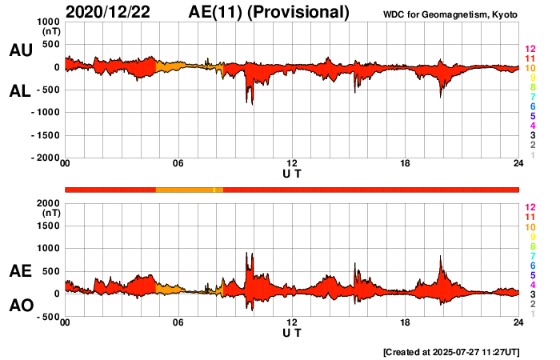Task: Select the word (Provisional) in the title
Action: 302,12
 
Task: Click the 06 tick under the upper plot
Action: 178,164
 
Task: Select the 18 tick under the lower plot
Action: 406,322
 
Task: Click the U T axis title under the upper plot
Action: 292,173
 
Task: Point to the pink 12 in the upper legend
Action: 529,50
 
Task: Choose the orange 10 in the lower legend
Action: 529,226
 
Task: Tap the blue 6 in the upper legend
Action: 530,106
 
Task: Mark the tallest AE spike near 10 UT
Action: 248,254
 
